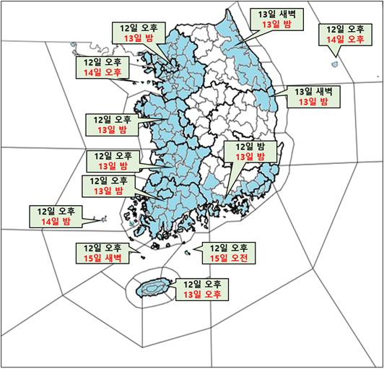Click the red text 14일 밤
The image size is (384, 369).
click(x=55, y=222)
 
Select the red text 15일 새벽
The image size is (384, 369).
click(x=101, y=257)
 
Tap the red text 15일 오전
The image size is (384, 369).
click(x=228, y=258)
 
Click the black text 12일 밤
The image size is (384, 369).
click(x=245, y=145)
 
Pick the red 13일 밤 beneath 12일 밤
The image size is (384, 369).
click(x=245, y=156)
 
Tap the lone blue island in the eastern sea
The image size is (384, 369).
click(x=334, y=64)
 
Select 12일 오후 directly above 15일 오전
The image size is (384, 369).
click(x=228, y=247)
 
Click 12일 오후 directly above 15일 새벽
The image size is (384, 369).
click(x=101, y=246)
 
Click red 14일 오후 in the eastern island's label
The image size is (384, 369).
click(x=345, y=40)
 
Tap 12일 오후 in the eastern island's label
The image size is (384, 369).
click(x=345, y=30)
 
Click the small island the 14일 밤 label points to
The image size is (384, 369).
click(x=104, y=217)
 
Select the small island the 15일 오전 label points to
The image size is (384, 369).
click(x=189, y=252)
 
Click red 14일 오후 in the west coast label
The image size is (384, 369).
click(x=102, y=73)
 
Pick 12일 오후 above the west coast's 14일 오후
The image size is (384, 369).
click(x=102, y=62)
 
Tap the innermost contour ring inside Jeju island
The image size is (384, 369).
click(x=152, y=288)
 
